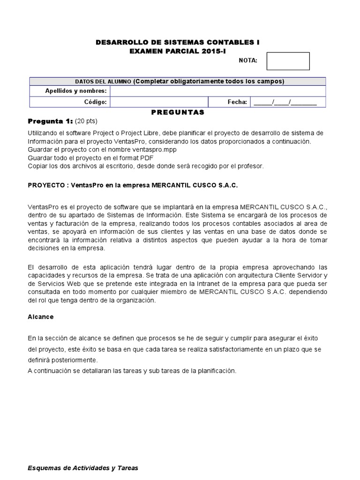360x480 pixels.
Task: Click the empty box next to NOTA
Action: tap(288, 61)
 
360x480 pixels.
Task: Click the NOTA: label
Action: tap(248, 60)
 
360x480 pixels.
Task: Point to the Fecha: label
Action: tap(237, 102)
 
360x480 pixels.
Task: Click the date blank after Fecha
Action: tap(285, 102)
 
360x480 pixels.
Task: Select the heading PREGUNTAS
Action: tap(178, 112)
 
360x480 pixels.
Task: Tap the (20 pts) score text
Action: tap(86, 121)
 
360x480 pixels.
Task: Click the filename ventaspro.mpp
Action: tap(153, 149)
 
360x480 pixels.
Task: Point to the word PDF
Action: tap(147, 157)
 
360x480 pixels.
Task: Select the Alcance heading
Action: tap(41, 317)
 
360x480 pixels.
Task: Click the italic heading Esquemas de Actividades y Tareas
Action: tap(83, 468)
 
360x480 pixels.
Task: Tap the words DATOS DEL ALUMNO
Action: tap(103, 81)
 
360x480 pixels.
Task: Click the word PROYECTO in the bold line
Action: tap(45, 185)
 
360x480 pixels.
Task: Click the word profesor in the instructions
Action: tap(251, 165)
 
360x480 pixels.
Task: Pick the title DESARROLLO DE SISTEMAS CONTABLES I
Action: tap(178, 42)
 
